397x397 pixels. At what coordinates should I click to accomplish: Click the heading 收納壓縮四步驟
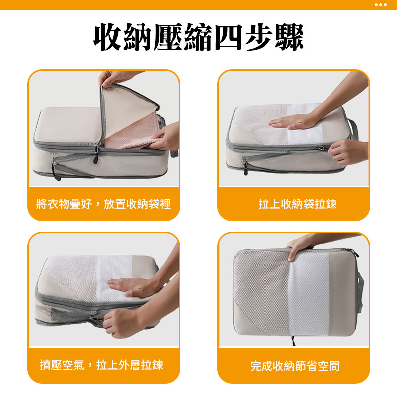point(198,37)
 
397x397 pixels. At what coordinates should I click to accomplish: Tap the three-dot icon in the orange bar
point(380,5)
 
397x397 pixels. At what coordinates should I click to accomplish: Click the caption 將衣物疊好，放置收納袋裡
point(103,204)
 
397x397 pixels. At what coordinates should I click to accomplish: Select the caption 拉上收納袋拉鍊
point(297,204)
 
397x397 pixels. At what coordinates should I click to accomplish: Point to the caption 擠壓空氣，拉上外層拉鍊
point(102,365)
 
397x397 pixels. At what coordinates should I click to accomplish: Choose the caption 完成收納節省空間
point(295,366)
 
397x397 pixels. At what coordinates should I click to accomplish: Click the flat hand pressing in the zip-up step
point(294,122)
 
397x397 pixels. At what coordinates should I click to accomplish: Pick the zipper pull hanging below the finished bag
point(293,341)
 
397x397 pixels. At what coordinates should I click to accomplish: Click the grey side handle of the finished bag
point(360,291)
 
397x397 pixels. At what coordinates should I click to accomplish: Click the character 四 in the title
point(228,37)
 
